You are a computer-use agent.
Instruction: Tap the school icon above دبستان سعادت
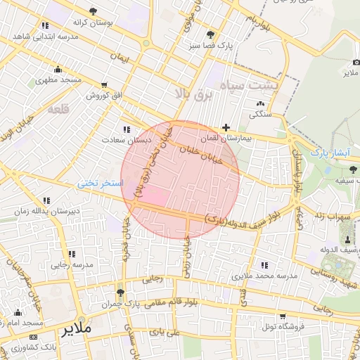point(127,129)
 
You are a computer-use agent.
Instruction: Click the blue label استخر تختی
point(100,183)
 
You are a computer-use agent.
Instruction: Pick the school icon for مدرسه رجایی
point(71,254)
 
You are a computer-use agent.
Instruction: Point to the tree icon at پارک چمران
point(120,293)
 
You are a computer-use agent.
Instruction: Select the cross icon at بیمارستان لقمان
point(225,128)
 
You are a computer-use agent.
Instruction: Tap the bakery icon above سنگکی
point(261,103)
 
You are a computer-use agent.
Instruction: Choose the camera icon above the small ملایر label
point(350,61)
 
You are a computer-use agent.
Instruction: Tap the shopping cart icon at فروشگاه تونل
point(283,316)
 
